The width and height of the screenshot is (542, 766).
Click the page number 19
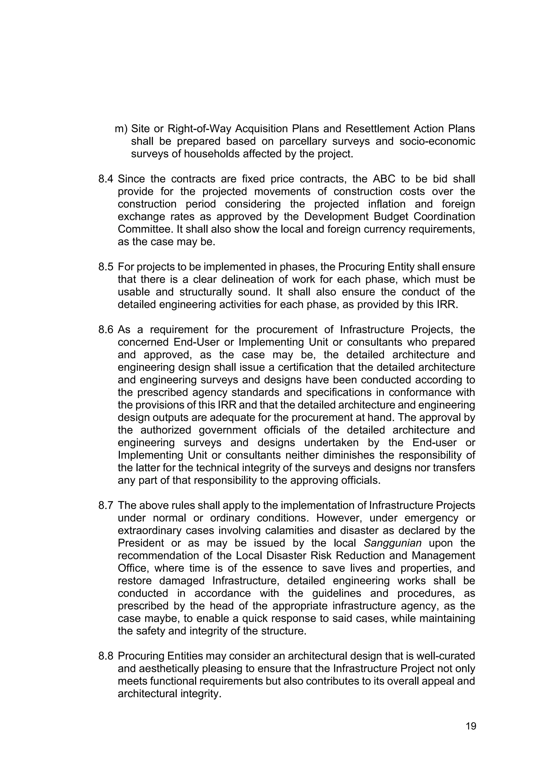[471, 726]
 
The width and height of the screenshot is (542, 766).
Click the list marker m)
[121, 129]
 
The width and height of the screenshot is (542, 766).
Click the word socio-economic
[437, 142]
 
